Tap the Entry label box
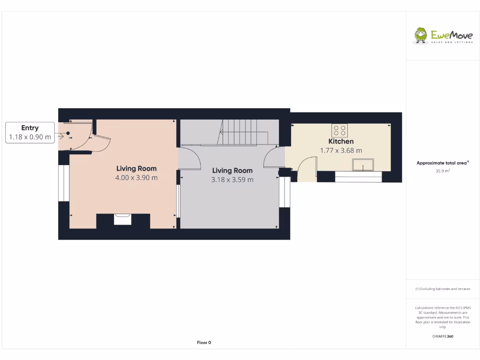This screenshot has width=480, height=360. [x=30, y=132]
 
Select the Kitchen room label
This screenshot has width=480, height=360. [x=341, y=141]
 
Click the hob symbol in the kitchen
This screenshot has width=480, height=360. [x=339, y=130]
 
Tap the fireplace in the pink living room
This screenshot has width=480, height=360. [x=123, y=218]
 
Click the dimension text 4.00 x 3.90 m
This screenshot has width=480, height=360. [x=136, y=178]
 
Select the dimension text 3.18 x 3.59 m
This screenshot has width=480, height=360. [x=232, y=180]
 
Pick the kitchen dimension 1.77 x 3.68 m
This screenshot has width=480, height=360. [x=341, y=150]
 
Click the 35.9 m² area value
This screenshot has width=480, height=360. [x=442, y=171]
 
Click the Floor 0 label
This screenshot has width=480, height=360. [x=204, y=343]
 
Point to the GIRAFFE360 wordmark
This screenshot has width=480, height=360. [x=442, y=336]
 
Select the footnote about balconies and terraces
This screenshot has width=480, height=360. [x=442, y=289]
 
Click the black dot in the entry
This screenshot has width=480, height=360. [x=68, y=133]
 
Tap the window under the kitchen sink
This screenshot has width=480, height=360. [x=358, y=177]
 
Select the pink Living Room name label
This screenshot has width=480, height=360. [x=136, y=168]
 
